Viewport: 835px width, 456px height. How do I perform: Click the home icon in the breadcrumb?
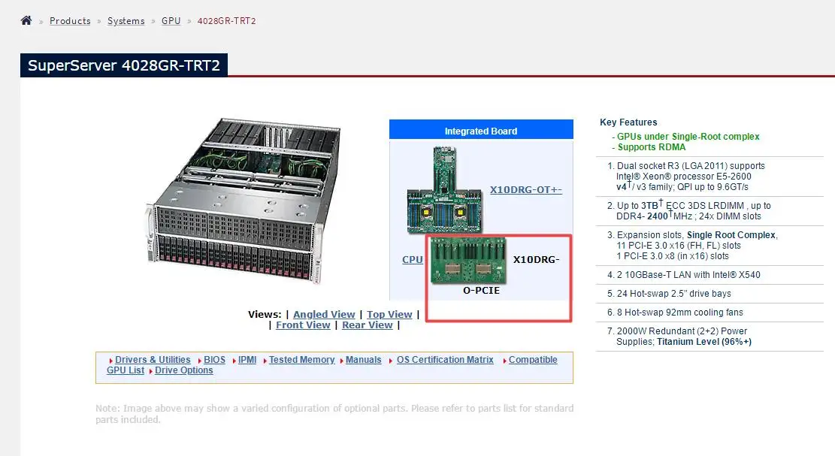tap(26, 20)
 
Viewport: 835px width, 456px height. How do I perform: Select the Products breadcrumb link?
tap(70, 21)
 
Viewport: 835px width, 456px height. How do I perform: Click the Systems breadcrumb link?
tap(126, 21)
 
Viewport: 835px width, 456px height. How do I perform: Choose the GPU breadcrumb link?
tap(171, 21)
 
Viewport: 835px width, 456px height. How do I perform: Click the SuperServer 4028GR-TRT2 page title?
tap(123, 65)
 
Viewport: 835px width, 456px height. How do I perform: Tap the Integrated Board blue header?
tap(481, 131)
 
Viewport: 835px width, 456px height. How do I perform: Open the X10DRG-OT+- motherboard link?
tap(525, 189)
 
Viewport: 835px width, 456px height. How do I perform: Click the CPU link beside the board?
tap(413, 259)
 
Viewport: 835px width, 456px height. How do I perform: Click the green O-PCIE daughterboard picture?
tap(468, 260)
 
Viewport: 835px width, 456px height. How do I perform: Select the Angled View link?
tap(324, 314)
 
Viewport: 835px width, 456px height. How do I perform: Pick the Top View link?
tap(389, 314)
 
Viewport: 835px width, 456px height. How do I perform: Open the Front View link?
tap(303, 325)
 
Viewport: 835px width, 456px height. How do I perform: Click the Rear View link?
tap(367, 325)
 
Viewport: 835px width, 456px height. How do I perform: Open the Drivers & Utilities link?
tap(153, 360)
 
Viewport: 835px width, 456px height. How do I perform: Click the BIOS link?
tap(214, 360)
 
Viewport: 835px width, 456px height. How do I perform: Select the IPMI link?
tap(247, 360)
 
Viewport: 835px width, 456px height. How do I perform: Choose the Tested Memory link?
tap(301, 360)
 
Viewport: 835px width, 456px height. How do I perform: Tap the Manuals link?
tap(363, 360)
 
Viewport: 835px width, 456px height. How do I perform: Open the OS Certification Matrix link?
tap(445, 360)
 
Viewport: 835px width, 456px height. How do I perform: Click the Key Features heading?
tap(628, 122)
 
